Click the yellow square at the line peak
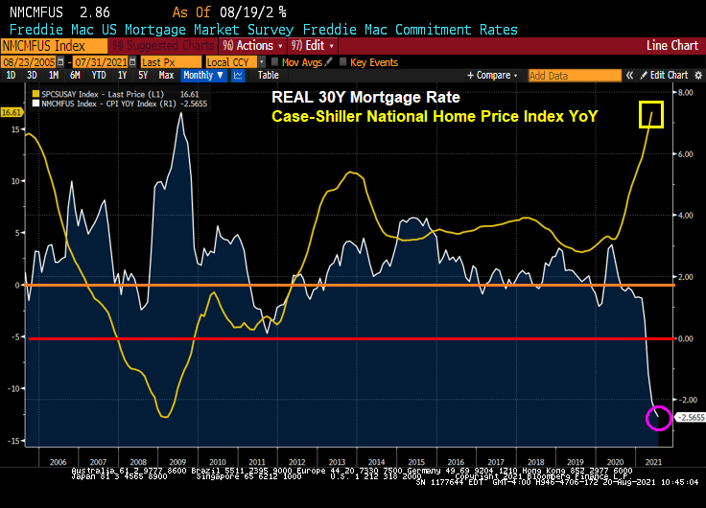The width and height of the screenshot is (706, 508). click(652, 114)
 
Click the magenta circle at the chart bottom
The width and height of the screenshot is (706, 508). click(659, 418)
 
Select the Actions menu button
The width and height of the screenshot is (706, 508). click(253, 45)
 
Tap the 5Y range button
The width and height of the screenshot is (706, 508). click(143, 75)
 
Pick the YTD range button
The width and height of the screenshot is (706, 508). click(97, 75)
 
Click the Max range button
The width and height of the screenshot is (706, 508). click(166, 75)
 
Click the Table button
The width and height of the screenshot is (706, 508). click(269, 75)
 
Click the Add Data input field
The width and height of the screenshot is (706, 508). click(561, 75)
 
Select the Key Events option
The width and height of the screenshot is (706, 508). click(373, 61)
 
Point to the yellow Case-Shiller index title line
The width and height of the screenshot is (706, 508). click(435, 116)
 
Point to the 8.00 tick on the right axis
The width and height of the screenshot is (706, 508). click(685, 93)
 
